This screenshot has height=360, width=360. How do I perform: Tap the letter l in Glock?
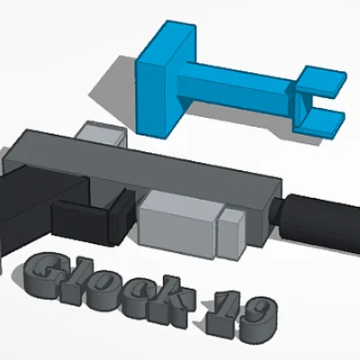point(84,278)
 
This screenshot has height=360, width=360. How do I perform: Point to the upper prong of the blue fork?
point(324,80)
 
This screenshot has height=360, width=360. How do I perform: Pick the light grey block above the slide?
point(102,135)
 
